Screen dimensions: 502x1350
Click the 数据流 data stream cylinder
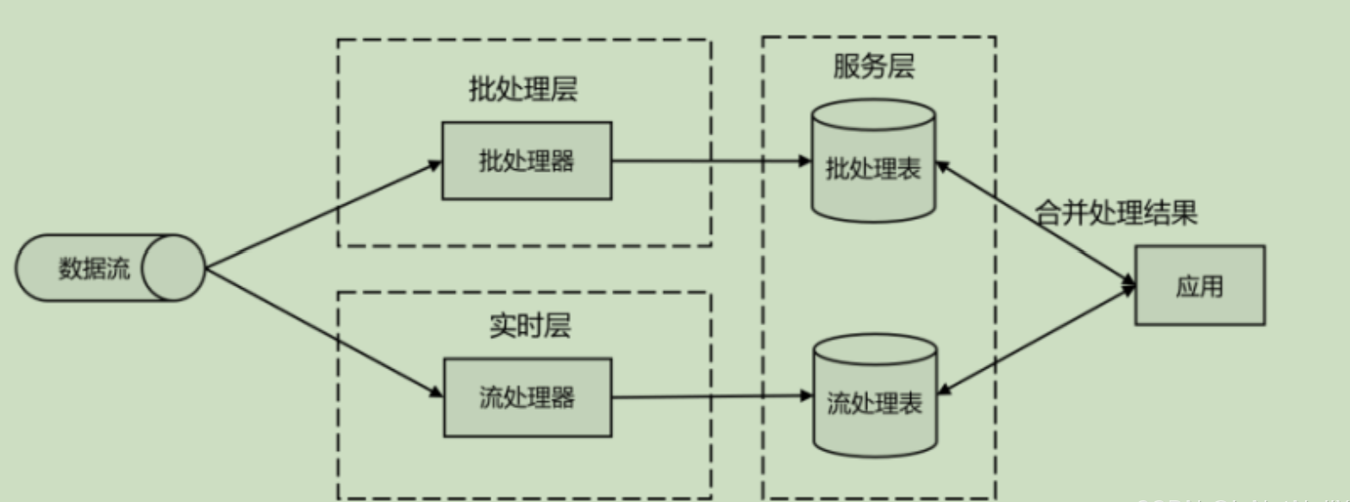tap(95, 268)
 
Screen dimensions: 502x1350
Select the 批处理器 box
tap(527, 161)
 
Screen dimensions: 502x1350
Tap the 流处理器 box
tap(527, 398)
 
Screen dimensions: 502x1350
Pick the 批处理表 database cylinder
tap(873, 166)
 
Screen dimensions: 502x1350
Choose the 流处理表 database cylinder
tap(874, 402)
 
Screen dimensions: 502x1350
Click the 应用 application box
tap(1199, 286)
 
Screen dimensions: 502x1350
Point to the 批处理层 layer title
tap(522, 90)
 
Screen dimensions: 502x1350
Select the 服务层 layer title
tap(873, 69)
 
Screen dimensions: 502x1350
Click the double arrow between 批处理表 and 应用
tap(1034, 222)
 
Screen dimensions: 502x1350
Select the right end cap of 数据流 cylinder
tap(173, 268)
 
